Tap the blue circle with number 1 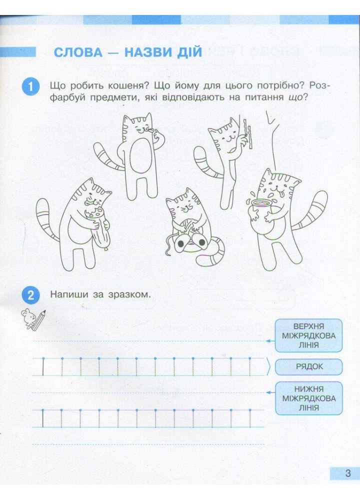(31, 86)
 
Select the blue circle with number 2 (31, 295)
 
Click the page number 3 (347, 473)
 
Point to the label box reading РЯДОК (309, 366)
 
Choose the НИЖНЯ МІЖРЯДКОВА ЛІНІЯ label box (309, 398)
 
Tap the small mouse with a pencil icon (31, 319)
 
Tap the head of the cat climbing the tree (224, 134)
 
